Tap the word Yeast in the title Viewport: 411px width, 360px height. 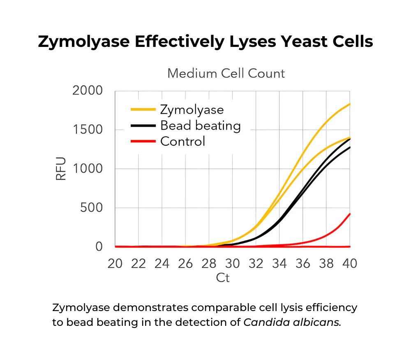(280, 42)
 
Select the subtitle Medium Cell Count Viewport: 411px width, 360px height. (226, 74)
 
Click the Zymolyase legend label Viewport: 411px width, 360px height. (192, 110)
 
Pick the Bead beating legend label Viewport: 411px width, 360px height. (200, 125)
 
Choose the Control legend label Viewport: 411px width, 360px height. (182, 142)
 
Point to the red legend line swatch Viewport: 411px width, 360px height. (143, 142)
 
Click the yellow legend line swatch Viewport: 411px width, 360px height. (143, 110)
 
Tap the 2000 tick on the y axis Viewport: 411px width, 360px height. (88, 91)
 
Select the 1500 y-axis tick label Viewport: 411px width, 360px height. (88, 130)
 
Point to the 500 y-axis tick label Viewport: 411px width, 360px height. (91, 208)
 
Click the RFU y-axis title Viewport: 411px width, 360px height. (61, 169)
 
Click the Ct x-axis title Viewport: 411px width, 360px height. (223, 278)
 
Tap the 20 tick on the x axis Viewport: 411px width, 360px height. (115, 263)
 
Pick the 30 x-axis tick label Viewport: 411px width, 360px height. (233, 263)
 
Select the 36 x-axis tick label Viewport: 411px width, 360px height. (303, 263)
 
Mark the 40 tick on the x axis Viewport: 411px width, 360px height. (350, 263)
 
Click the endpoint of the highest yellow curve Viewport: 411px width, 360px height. (349, 104)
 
